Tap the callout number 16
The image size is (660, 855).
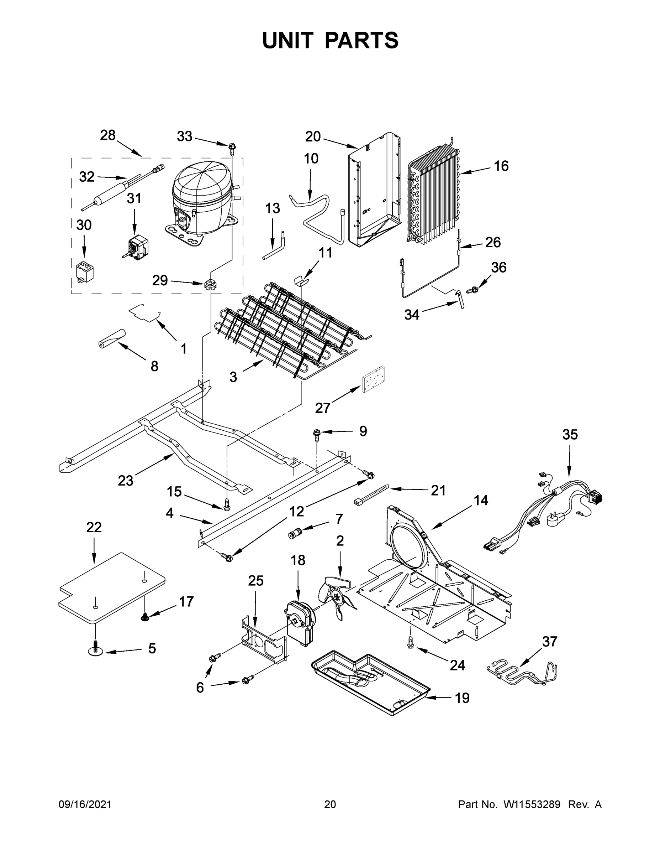[501, 166]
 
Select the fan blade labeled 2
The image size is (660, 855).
[339, 597]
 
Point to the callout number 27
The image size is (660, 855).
[323, 408]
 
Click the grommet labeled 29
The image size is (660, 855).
[210, 285]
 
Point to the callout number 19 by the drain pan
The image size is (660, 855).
[462, 698]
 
